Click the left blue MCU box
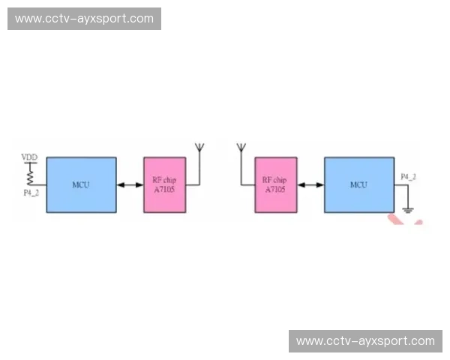(81, 184)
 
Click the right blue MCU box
(358, 184)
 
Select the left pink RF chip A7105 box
(164, 184)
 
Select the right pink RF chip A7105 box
(275, 184)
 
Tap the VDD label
(29, 157)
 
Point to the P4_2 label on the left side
(31, 193)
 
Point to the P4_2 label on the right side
(408, 177)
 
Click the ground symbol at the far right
(408, 209)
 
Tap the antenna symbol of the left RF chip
(199, 148)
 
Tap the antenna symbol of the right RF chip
(240, 148)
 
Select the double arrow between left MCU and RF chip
(130, 184)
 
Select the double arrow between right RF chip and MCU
(310, 184)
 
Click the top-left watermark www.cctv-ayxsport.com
(84, 19)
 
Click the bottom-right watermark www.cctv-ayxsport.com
(365, 341)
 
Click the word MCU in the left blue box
(81, 184)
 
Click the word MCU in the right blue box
(358, 184)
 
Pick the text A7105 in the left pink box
(164, 189)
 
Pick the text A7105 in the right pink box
(275, 189)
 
